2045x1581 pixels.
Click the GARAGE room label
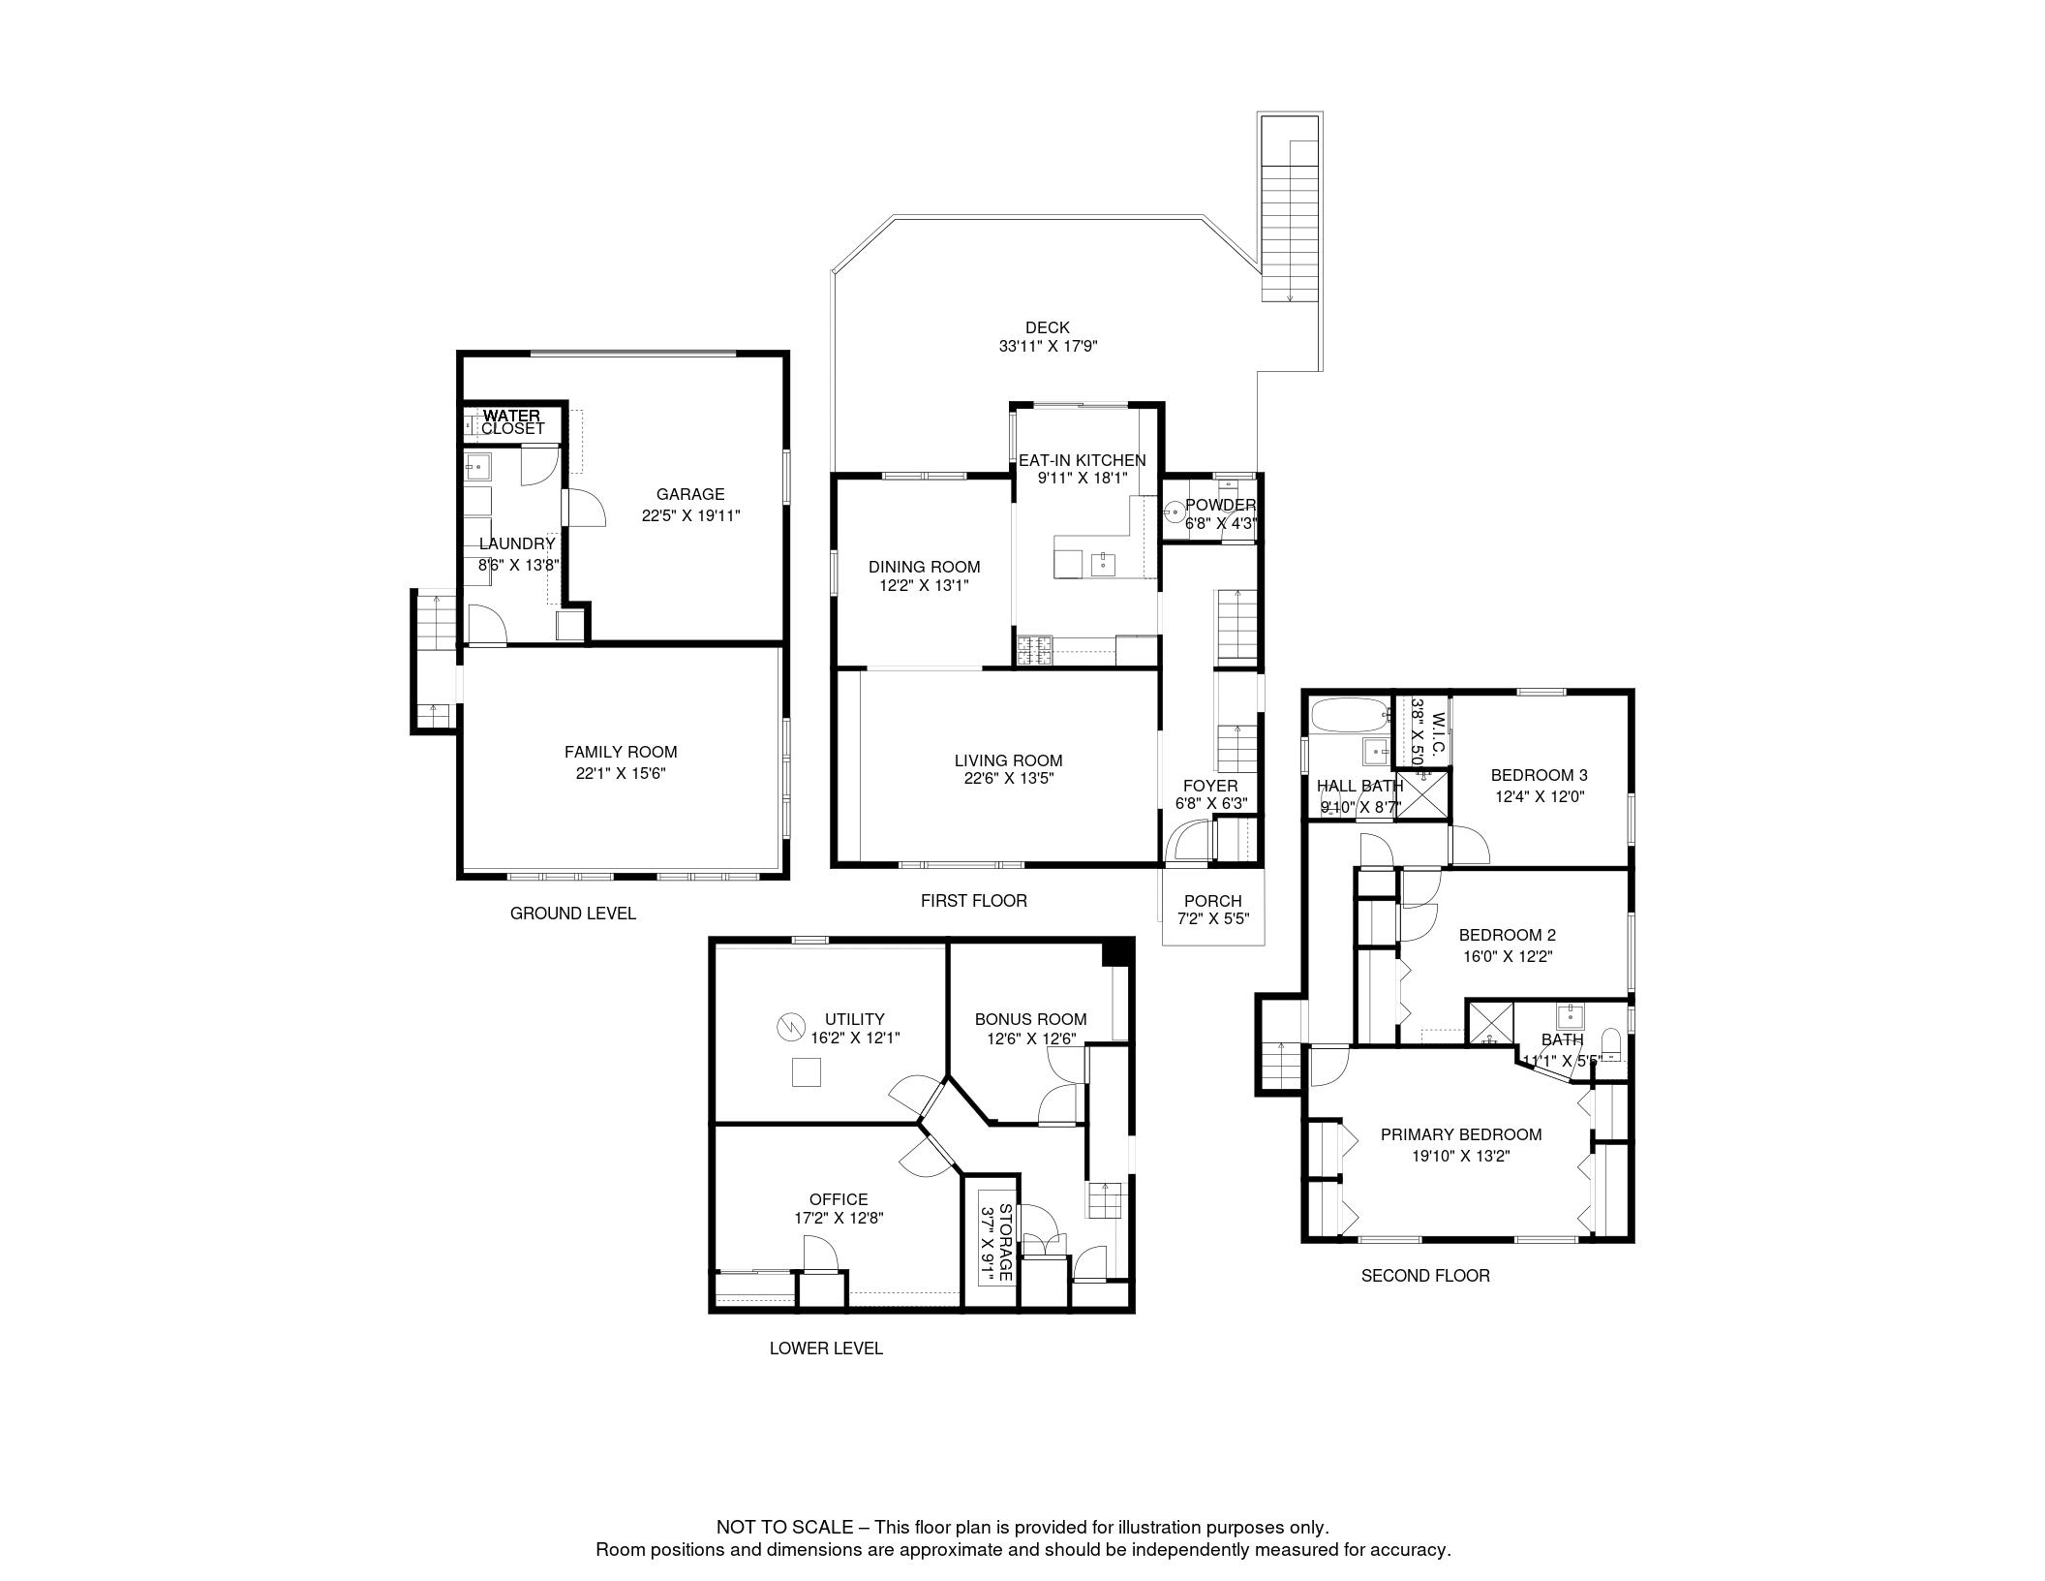point(690,494)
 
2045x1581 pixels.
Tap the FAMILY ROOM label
point(621,752)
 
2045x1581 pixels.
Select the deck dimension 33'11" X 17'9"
point(1048,346)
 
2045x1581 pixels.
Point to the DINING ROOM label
point(924,567)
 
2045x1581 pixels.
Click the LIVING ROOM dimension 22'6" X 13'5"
point(1008,778)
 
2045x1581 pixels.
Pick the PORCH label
point(1212,901)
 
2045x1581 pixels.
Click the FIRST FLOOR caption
point(973,901)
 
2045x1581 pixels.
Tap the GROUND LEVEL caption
point(572,914)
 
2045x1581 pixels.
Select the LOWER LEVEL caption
point(826,1348)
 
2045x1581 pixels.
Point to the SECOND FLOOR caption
point(1425,1276)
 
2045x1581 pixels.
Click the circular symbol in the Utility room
point(791,1024)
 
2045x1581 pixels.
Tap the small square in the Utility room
point(807,1073)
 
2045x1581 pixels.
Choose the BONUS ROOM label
point(1030,1019)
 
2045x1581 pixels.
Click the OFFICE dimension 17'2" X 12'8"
point(839,1218)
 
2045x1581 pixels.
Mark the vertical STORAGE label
point(1005,1243)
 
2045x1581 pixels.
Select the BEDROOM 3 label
point(1539,775)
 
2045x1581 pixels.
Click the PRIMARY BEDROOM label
point(1461,1134)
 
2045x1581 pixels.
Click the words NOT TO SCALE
point(784,1528)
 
